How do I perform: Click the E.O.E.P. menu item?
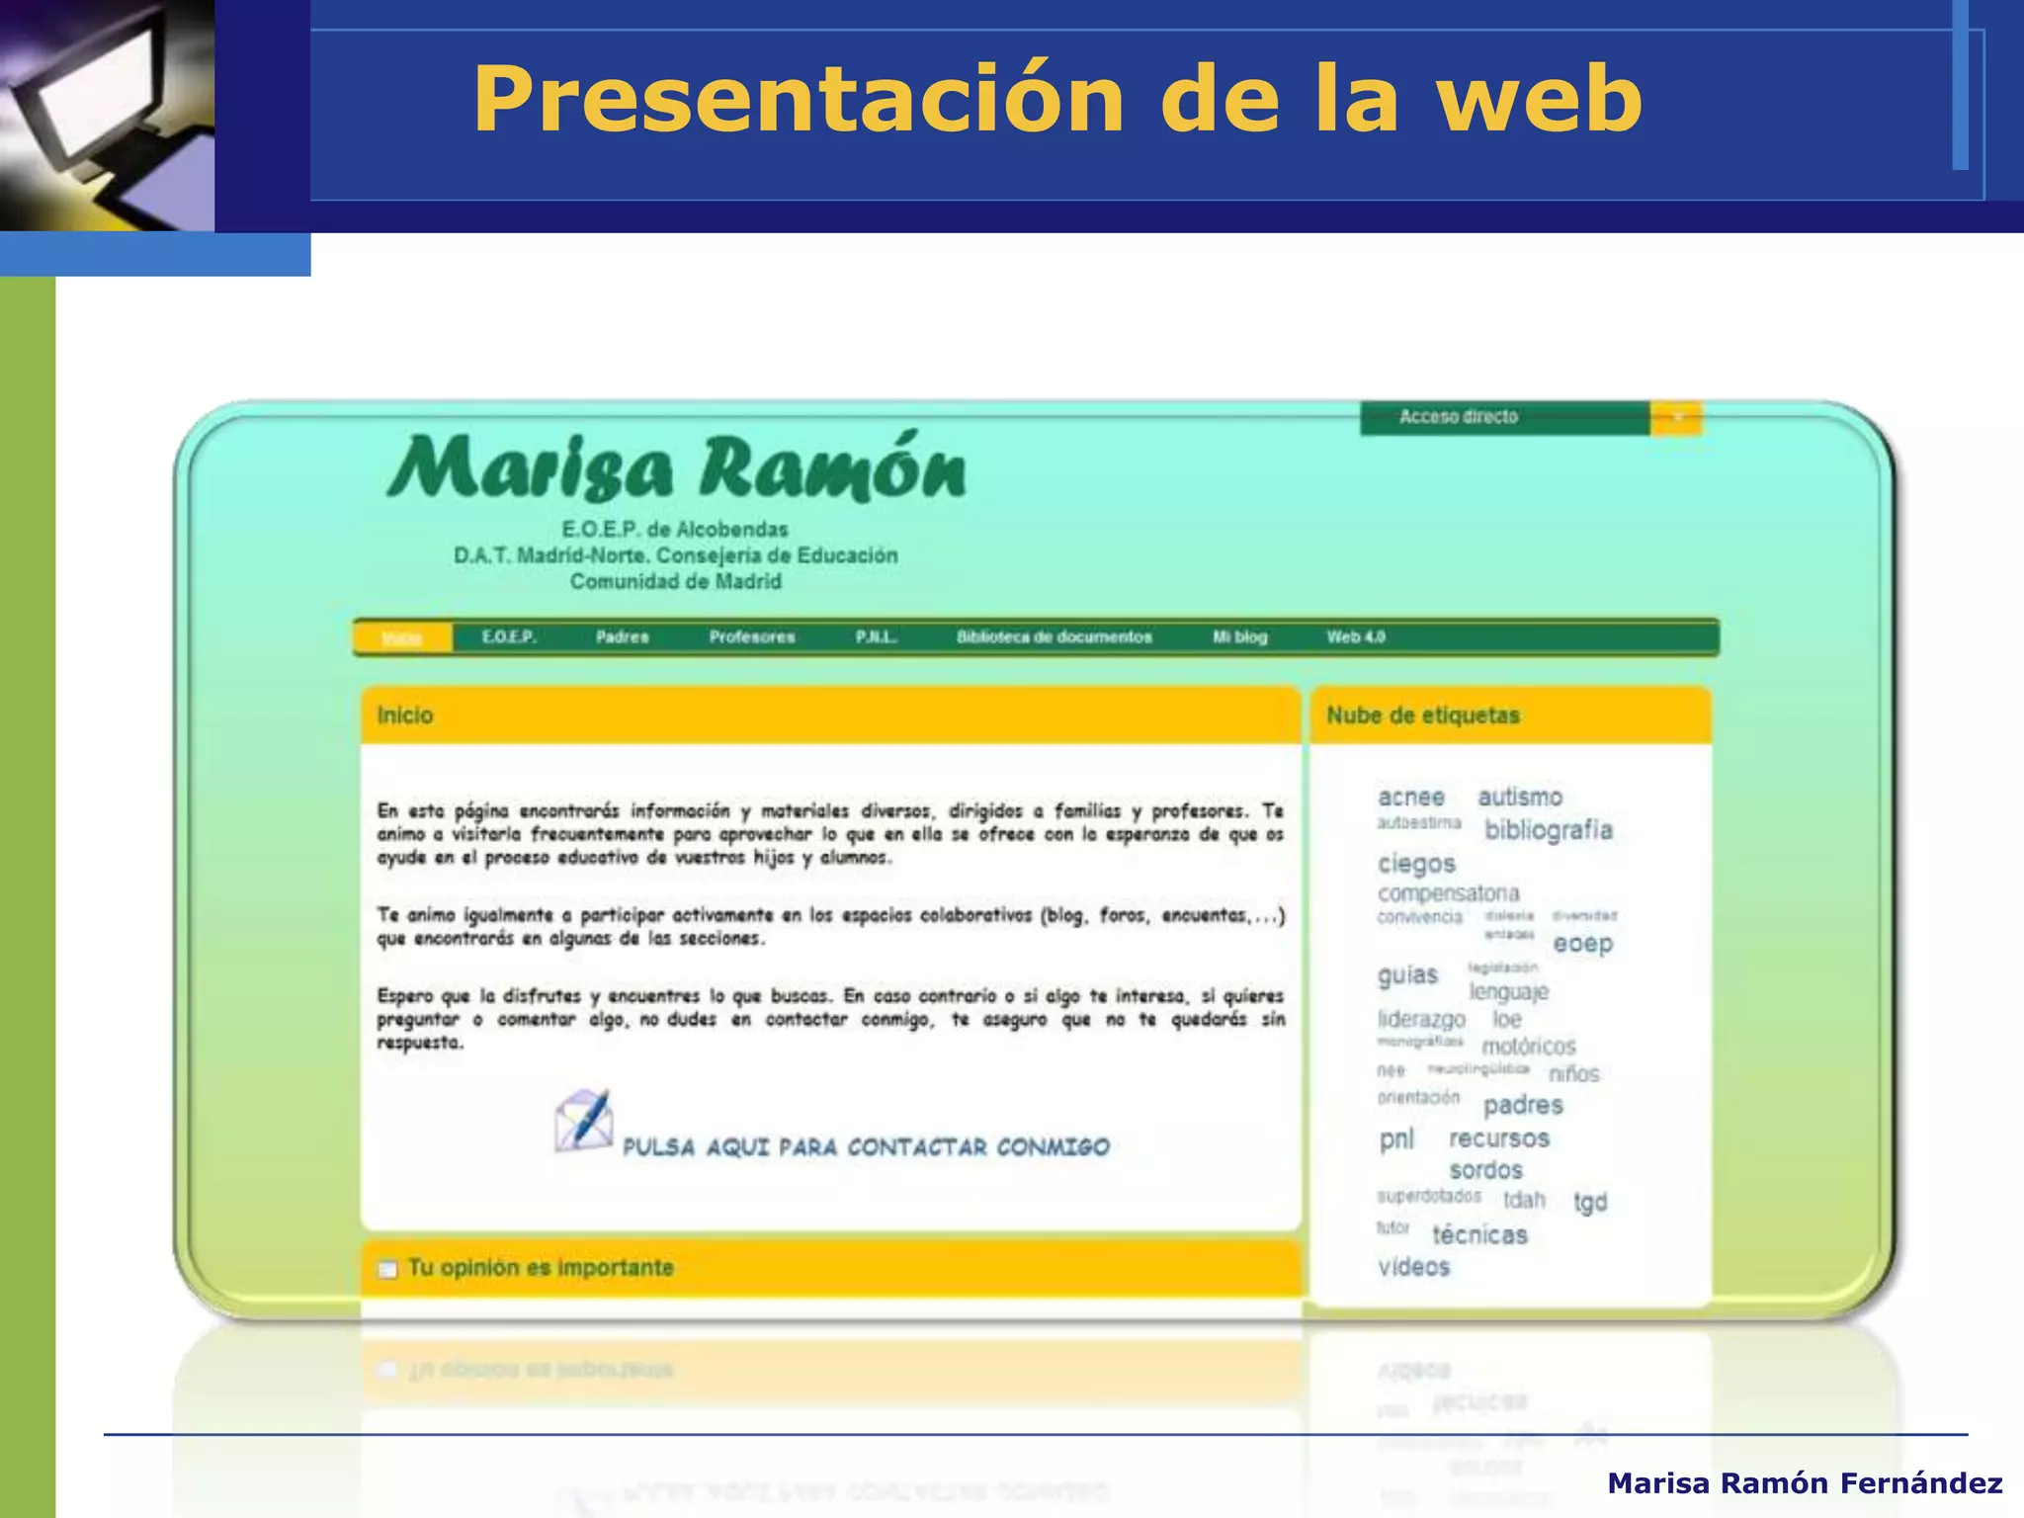509,637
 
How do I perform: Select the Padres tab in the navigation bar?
622,637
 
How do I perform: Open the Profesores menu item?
751,637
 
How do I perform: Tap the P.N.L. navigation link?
876,637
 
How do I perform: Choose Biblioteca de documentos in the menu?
1054,637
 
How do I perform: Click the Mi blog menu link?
1239,637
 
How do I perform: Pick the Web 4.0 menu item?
1355,637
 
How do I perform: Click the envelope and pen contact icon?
583,1121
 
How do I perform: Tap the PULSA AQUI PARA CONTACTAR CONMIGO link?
866,1147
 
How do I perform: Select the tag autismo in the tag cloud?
1520,797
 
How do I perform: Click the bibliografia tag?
1548,830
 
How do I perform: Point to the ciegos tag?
1416,864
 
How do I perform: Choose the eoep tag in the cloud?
1582,944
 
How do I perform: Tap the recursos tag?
1498,1138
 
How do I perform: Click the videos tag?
1413,1267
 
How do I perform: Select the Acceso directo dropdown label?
1458,417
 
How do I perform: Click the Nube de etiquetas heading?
1422,716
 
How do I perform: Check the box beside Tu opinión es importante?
387,1269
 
